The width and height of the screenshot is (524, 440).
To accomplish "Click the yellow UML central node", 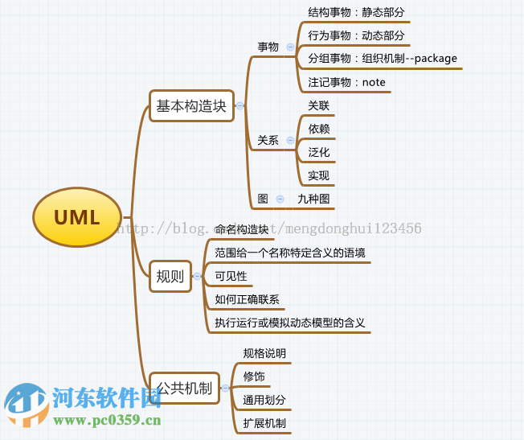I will point(77,217).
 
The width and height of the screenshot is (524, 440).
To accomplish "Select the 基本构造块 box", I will point(191,105).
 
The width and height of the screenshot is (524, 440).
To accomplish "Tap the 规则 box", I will point(170,277).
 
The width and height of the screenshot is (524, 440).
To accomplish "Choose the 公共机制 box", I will point(184,389).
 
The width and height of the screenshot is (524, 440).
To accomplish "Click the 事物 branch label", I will point(268,47).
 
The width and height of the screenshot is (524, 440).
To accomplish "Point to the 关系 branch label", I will point(268,140).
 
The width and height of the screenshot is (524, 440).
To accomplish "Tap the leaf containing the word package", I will point(382,58).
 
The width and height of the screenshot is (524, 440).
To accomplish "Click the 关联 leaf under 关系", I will point(318,105).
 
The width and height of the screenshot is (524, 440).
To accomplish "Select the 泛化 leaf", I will point(318,152).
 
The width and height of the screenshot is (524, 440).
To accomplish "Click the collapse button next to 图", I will point(280,199).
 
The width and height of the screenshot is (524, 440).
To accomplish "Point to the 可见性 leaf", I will point(231,277).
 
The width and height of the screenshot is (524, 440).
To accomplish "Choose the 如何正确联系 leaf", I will point(247,300).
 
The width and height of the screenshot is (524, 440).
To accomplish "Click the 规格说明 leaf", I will point(264,353).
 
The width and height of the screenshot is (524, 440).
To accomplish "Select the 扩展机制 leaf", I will point(264,423).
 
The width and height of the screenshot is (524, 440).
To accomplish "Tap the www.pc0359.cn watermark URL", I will point(108,421).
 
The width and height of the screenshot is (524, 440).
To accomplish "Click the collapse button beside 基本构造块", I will point(239,105).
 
